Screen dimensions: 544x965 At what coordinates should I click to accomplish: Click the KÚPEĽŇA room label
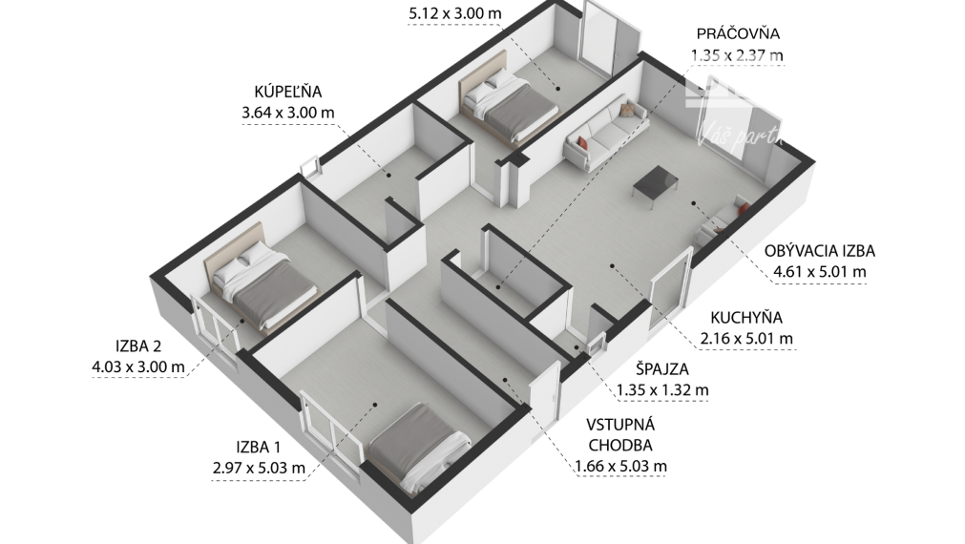pyautogui.click(x=288, y=92)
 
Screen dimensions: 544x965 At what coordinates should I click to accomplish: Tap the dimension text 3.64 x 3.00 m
pyautogui.click(x=288, y=113)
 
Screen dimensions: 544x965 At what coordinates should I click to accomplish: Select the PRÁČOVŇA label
pyautogui.click(x=738, y=34)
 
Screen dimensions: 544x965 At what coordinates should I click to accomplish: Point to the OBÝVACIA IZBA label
pyautogui.click(x=819, y=252)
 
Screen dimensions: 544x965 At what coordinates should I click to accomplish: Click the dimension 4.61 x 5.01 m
pyautogui.click(x=819, y=272)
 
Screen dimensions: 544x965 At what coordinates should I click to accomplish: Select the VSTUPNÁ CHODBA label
pyautogui.click(x=620, y=435)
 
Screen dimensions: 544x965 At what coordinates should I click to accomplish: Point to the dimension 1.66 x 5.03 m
pyautogui.click(x=620, y=467)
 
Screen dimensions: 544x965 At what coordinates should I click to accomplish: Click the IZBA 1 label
pyautogui.click(x=260, y=447)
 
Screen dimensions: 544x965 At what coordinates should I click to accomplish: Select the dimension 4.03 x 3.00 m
pyautogui.click(x=137, y=367)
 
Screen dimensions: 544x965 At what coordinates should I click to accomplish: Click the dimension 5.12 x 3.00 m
pyautogui.click(x=454, y=14)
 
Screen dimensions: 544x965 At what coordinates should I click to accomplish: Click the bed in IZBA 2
pyautogui.click(x=261, y=278)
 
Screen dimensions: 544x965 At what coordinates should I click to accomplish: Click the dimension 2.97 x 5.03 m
pyautogui.click(x=260, y=468)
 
